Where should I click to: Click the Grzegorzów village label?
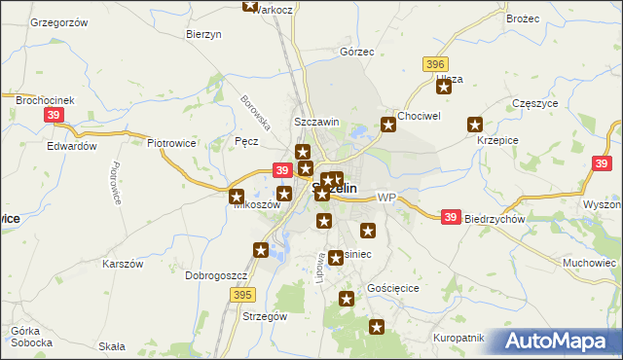pyautogui.click(x=59, y=21)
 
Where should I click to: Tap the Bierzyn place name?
pyautogui.click(x=204, y=33)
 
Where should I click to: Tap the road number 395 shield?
pyautogui.click(x=242, y=293)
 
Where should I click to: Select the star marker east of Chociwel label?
pyautogui.click(x=388, y=124)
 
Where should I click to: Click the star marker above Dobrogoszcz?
pyautogui.click(x=261, y=251)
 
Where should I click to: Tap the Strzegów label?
pyautogui.click(x=264, y=316)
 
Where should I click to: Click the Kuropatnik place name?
pyautogui.click(x=457, y=338)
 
